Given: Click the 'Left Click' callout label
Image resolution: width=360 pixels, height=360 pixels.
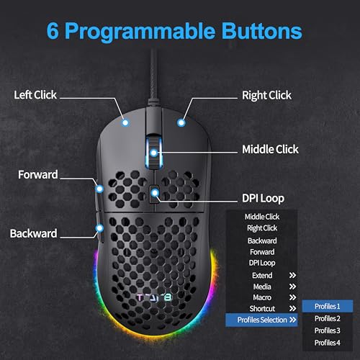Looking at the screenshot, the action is (35, 95).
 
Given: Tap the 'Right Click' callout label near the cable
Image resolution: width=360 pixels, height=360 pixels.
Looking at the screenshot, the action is (266, 96).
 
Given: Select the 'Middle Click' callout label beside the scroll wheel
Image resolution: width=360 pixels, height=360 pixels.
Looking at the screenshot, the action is (270, 149).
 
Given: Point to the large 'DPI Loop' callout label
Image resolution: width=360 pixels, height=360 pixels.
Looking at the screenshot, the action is (263, 199).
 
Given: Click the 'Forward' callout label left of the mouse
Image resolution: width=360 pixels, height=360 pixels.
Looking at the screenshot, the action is (38, 174).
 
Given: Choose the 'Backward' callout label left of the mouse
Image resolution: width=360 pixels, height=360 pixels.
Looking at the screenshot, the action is (33, 233).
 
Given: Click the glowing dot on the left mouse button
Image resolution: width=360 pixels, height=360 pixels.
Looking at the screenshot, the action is (125, 123).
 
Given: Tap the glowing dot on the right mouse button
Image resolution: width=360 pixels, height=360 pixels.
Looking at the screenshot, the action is (181, 123).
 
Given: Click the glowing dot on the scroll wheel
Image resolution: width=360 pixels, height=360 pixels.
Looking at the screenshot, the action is (154, 153).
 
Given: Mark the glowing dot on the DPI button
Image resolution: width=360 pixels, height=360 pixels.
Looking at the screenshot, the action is (156, 192).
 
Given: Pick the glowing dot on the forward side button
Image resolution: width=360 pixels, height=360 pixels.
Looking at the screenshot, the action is (99, 189).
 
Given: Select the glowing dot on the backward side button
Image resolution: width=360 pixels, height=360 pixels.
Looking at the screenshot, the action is (99, 228).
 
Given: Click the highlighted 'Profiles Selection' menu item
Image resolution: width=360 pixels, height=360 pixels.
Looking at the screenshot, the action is (261, 320).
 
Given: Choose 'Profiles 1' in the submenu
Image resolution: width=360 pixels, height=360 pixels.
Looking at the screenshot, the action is (328, 306).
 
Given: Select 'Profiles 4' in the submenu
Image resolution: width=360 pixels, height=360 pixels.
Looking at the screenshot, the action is (328, 343).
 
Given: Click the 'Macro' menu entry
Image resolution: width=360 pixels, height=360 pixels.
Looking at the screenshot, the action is (262, 297).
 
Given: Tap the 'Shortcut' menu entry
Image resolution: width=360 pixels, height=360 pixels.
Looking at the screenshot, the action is (262, 309).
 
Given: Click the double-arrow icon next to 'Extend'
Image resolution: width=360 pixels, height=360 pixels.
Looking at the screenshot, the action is (292, 275).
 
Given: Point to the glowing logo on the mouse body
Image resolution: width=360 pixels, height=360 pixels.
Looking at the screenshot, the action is (154, 298).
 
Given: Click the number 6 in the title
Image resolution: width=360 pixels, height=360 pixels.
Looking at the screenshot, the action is (53, 31).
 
